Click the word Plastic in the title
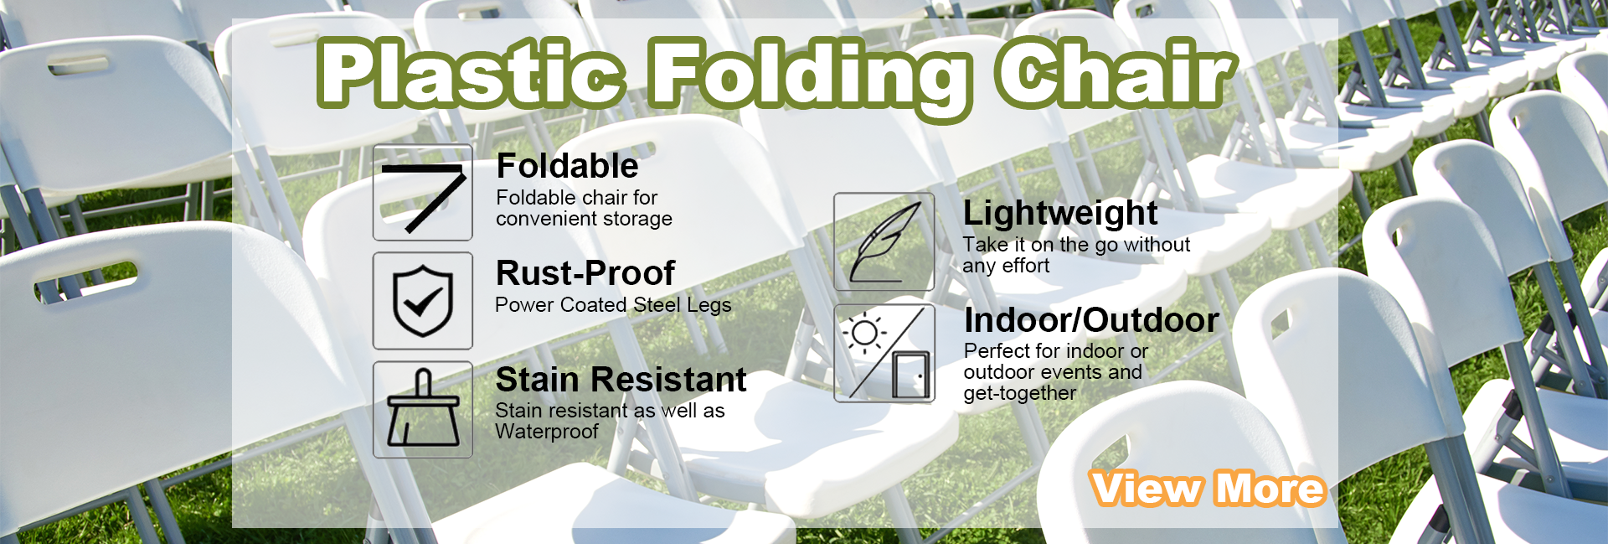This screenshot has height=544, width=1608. pos(472,73)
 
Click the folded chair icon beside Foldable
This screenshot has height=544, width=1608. pos(423,193)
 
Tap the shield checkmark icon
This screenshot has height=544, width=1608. pos(423,301)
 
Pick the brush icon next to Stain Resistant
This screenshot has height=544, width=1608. pos(423,409)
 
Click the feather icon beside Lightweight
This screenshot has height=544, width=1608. pos(884,242)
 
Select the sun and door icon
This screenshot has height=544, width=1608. pos(884,353)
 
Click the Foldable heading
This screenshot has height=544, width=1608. pos(567,166)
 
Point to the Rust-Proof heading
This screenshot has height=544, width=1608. pos(585,273)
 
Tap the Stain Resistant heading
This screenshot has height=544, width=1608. pos(621,380)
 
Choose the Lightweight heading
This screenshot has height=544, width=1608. pos(1060,214)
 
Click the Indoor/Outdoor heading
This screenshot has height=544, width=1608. pos(1091,320)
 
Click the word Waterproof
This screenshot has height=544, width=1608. pos(547,432)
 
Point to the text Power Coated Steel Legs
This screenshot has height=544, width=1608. pos(613,305)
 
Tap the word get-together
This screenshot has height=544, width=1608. pos(1019,393)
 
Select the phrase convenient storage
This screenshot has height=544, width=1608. pos(584,219)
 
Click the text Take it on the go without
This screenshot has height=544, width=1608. pos(1076,245)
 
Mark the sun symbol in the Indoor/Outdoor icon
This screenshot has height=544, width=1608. pos(864,333)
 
